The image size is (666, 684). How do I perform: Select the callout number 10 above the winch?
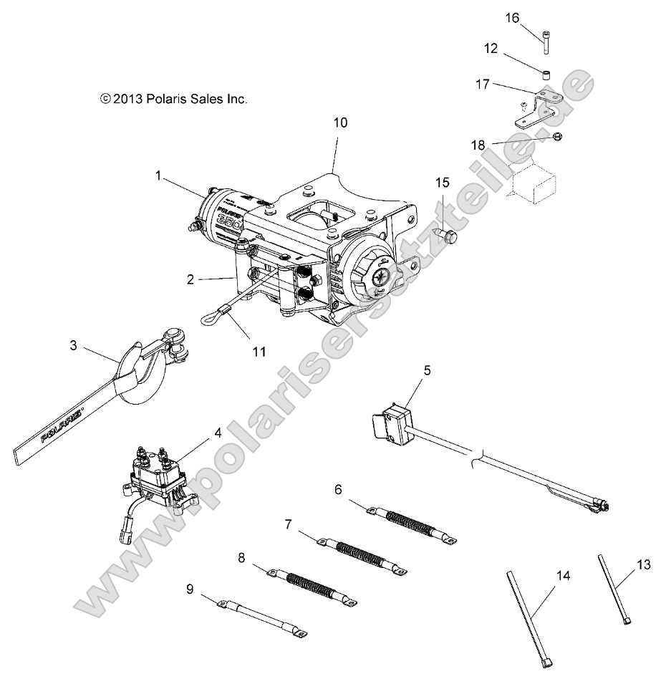pyautogui.click(x=340, y=122)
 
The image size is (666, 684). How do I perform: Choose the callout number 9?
pyautogui.click(x=190, y=589)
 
